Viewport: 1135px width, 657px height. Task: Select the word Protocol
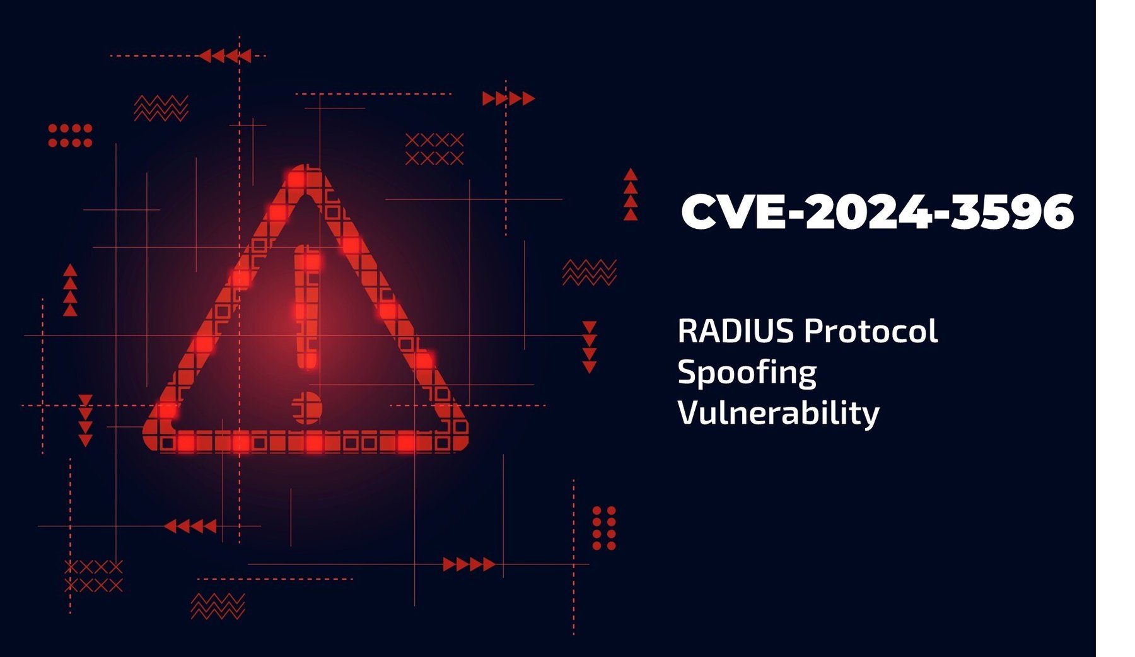871,331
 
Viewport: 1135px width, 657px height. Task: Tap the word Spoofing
747,373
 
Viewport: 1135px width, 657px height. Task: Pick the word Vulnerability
778,414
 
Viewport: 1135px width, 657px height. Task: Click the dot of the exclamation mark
306,407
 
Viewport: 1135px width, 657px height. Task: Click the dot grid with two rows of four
70,136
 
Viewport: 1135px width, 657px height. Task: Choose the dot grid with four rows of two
604,528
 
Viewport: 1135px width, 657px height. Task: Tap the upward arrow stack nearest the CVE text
631,194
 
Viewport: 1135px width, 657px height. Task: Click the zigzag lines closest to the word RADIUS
589,272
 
